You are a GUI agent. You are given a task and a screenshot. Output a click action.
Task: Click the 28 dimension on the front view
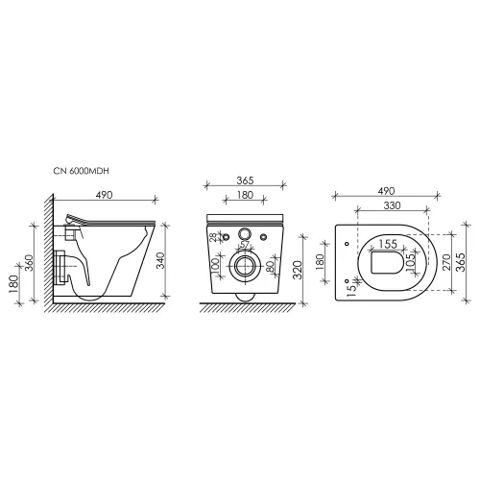point(212,236)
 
